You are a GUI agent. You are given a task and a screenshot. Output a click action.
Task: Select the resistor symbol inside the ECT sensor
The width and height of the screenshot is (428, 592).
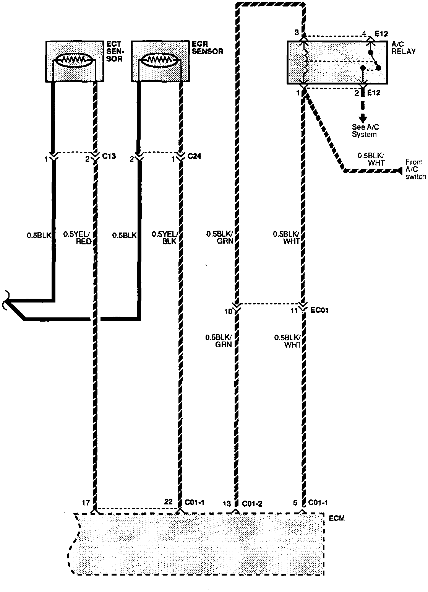tap(75, 59)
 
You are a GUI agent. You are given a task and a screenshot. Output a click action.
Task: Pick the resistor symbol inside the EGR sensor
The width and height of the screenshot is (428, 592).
tap(160, 59)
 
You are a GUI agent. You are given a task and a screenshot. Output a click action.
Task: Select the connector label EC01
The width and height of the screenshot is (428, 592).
tap(320, 311)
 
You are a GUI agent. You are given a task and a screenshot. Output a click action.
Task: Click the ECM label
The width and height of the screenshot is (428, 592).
tap(337, 518)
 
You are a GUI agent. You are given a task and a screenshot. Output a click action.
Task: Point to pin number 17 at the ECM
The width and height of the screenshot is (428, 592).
tap(86, 501)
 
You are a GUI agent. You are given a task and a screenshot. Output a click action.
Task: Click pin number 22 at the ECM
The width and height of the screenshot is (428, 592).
tap(169, 501)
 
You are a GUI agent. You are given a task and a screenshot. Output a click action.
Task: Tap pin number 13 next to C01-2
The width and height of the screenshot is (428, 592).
tap(227, 503)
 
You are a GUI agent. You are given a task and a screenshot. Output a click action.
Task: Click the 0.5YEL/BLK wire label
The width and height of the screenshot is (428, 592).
tap(164, 237)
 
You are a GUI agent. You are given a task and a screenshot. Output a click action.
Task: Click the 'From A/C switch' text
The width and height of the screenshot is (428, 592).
tap(415, 169)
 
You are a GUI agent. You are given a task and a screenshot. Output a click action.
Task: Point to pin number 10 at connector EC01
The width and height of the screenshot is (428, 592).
tap(228, 311)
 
